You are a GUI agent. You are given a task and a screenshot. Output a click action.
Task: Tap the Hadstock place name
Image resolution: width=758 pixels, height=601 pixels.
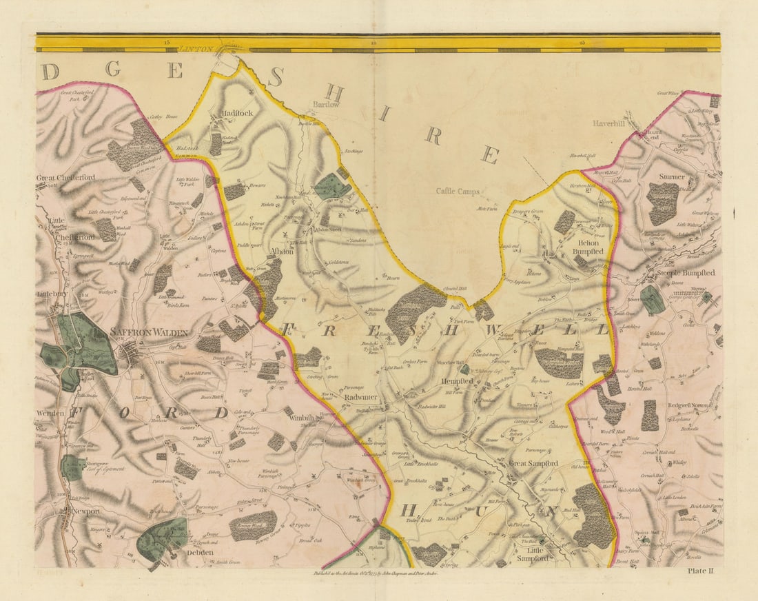tap(237, 113)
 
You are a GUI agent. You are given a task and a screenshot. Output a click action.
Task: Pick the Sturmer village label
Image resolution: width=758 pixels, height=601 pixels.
tap(671, 177)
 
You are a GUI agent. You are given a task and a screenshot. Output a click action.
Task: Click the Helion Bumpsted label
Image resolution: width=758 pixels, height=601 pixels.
tap(588, 247)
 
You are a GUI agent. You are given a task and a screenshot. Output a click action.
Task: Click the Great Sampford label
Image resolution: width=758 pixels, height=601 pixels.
tap(533, 464)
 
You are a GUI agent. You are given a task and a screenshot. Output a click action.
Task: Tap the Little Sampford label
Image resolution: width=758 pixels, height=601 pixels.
tap(534, 555)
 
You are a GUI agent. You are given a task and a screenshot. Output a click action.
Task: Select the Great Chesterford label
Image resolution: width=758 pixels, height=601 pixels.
tap(66, 178)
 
